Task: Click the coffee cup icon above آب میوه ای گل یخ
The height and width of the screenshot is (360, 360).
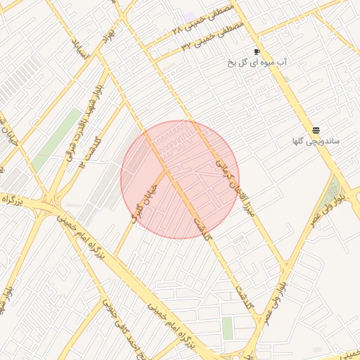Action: tap(257, 51)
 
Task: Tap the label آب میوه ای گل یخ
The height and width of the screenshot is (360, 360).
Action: tap(257, 63)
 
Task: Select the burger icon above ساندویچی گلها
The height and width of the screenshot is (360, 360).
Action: tap(316, 130)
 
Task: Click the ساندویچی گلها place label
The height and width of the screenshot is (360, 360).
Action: tap(316, 141)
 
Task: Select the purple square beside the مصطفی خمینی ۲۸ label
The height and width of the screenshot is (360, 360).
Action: tap(190, 15)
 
